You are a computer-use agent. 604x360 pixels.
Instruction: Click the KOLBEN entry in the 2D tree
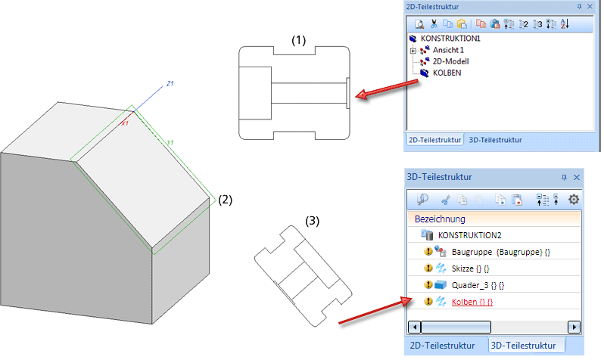(x=447, y=73)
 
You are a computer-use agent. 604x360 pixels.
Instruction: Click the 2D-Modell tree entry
(x=451, y=61)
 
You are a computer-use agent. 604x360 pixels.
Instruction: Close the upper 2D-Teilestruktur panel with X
(x=590, y=6)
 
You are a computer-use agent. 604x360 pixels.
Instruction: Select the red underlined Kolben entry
(x=472, y=302)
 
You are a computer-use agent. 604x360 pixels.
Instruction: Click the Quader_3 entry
(x=474, y=285)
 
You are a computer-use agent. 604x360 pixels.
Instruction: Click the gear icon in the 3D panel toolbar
(x=573, y=199)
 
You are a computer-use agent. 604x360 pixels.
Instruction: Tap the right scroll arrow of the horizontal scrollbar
(x=574, y=327)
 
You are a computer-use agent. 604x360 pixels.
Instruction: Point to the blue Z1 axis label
(x=170, y=83)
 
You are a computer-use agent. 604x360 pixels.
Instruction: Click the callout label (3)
(x=313, y=221)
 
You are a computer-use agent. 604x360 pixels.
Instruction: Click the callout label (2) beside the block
(x=225, y=200)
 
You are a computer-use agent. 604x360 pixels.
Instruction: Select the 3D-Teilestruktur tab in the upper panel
(x=495, y=140)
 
